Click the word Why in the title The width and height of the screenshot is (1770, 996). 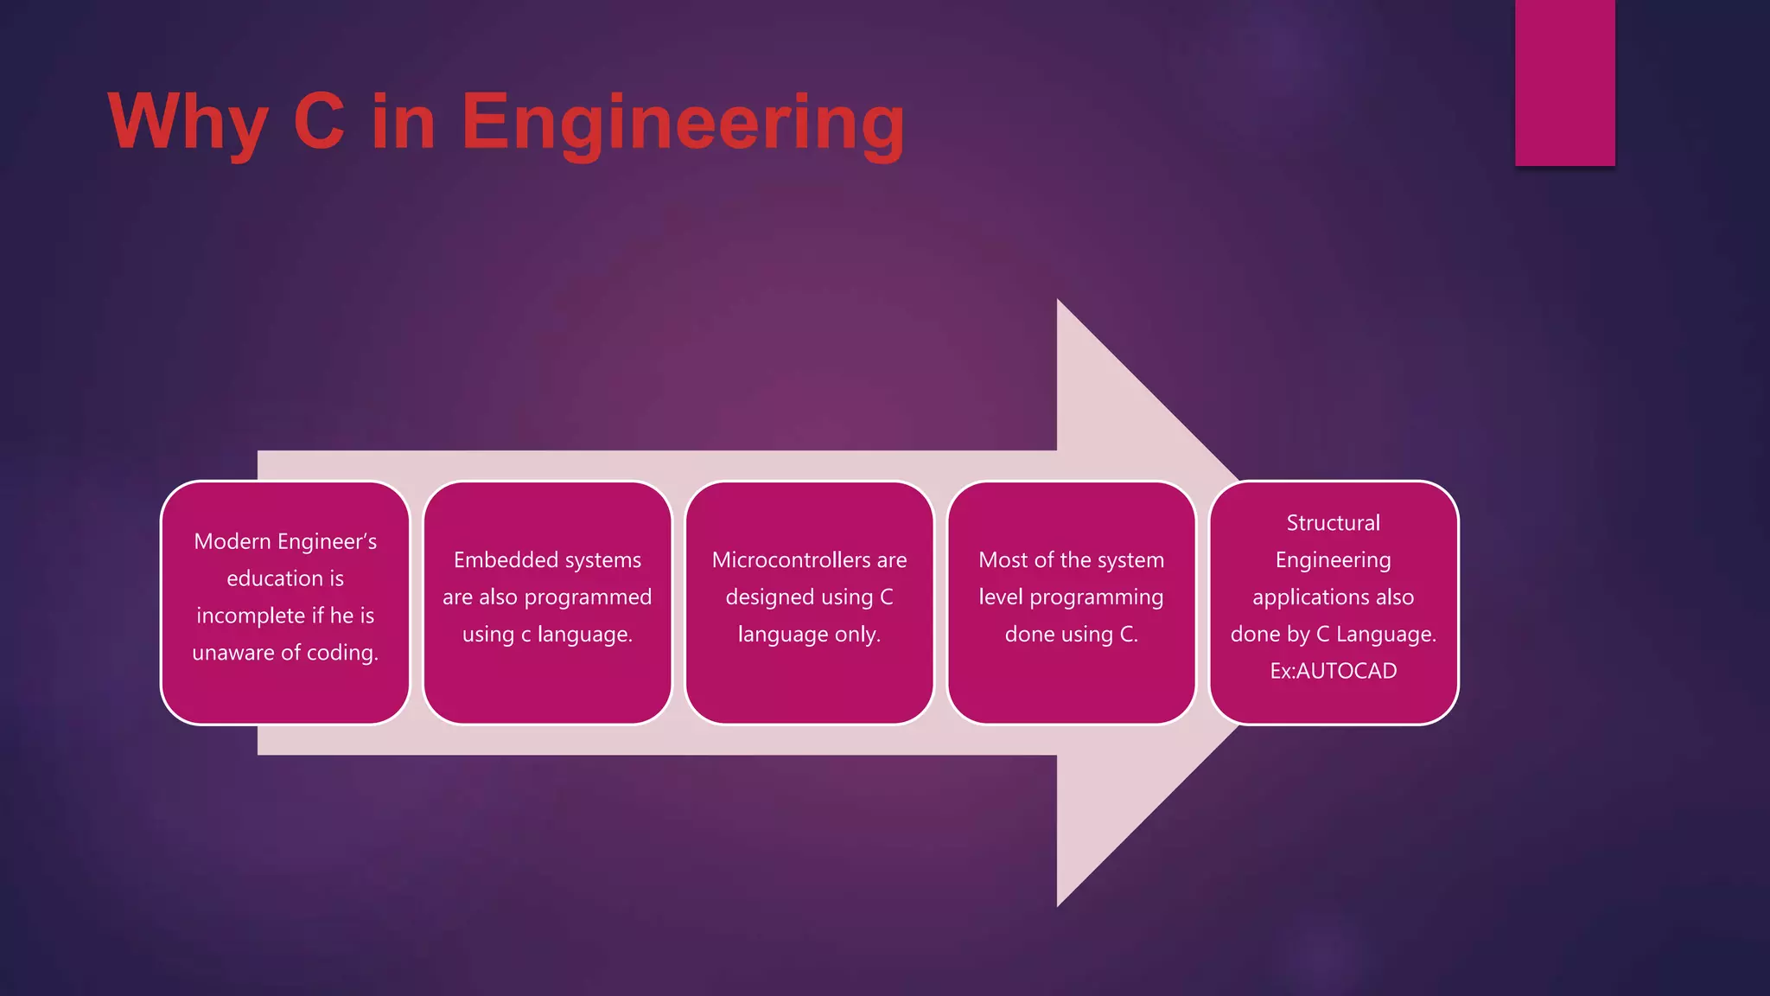point(188,122)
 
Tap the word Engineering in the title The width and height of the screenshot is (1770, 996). point(682,122)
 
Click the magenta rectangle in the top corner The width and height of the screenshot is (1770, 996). point(1564,82)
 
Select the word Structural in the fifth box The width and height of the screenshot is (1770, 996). point(1333,523)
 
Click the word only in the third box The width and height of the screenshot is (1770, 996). point(856,635)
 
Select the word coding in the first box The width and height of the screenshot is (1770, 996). point(342,653)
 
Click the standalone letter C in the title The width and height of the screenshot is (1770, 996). point(319,122)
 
